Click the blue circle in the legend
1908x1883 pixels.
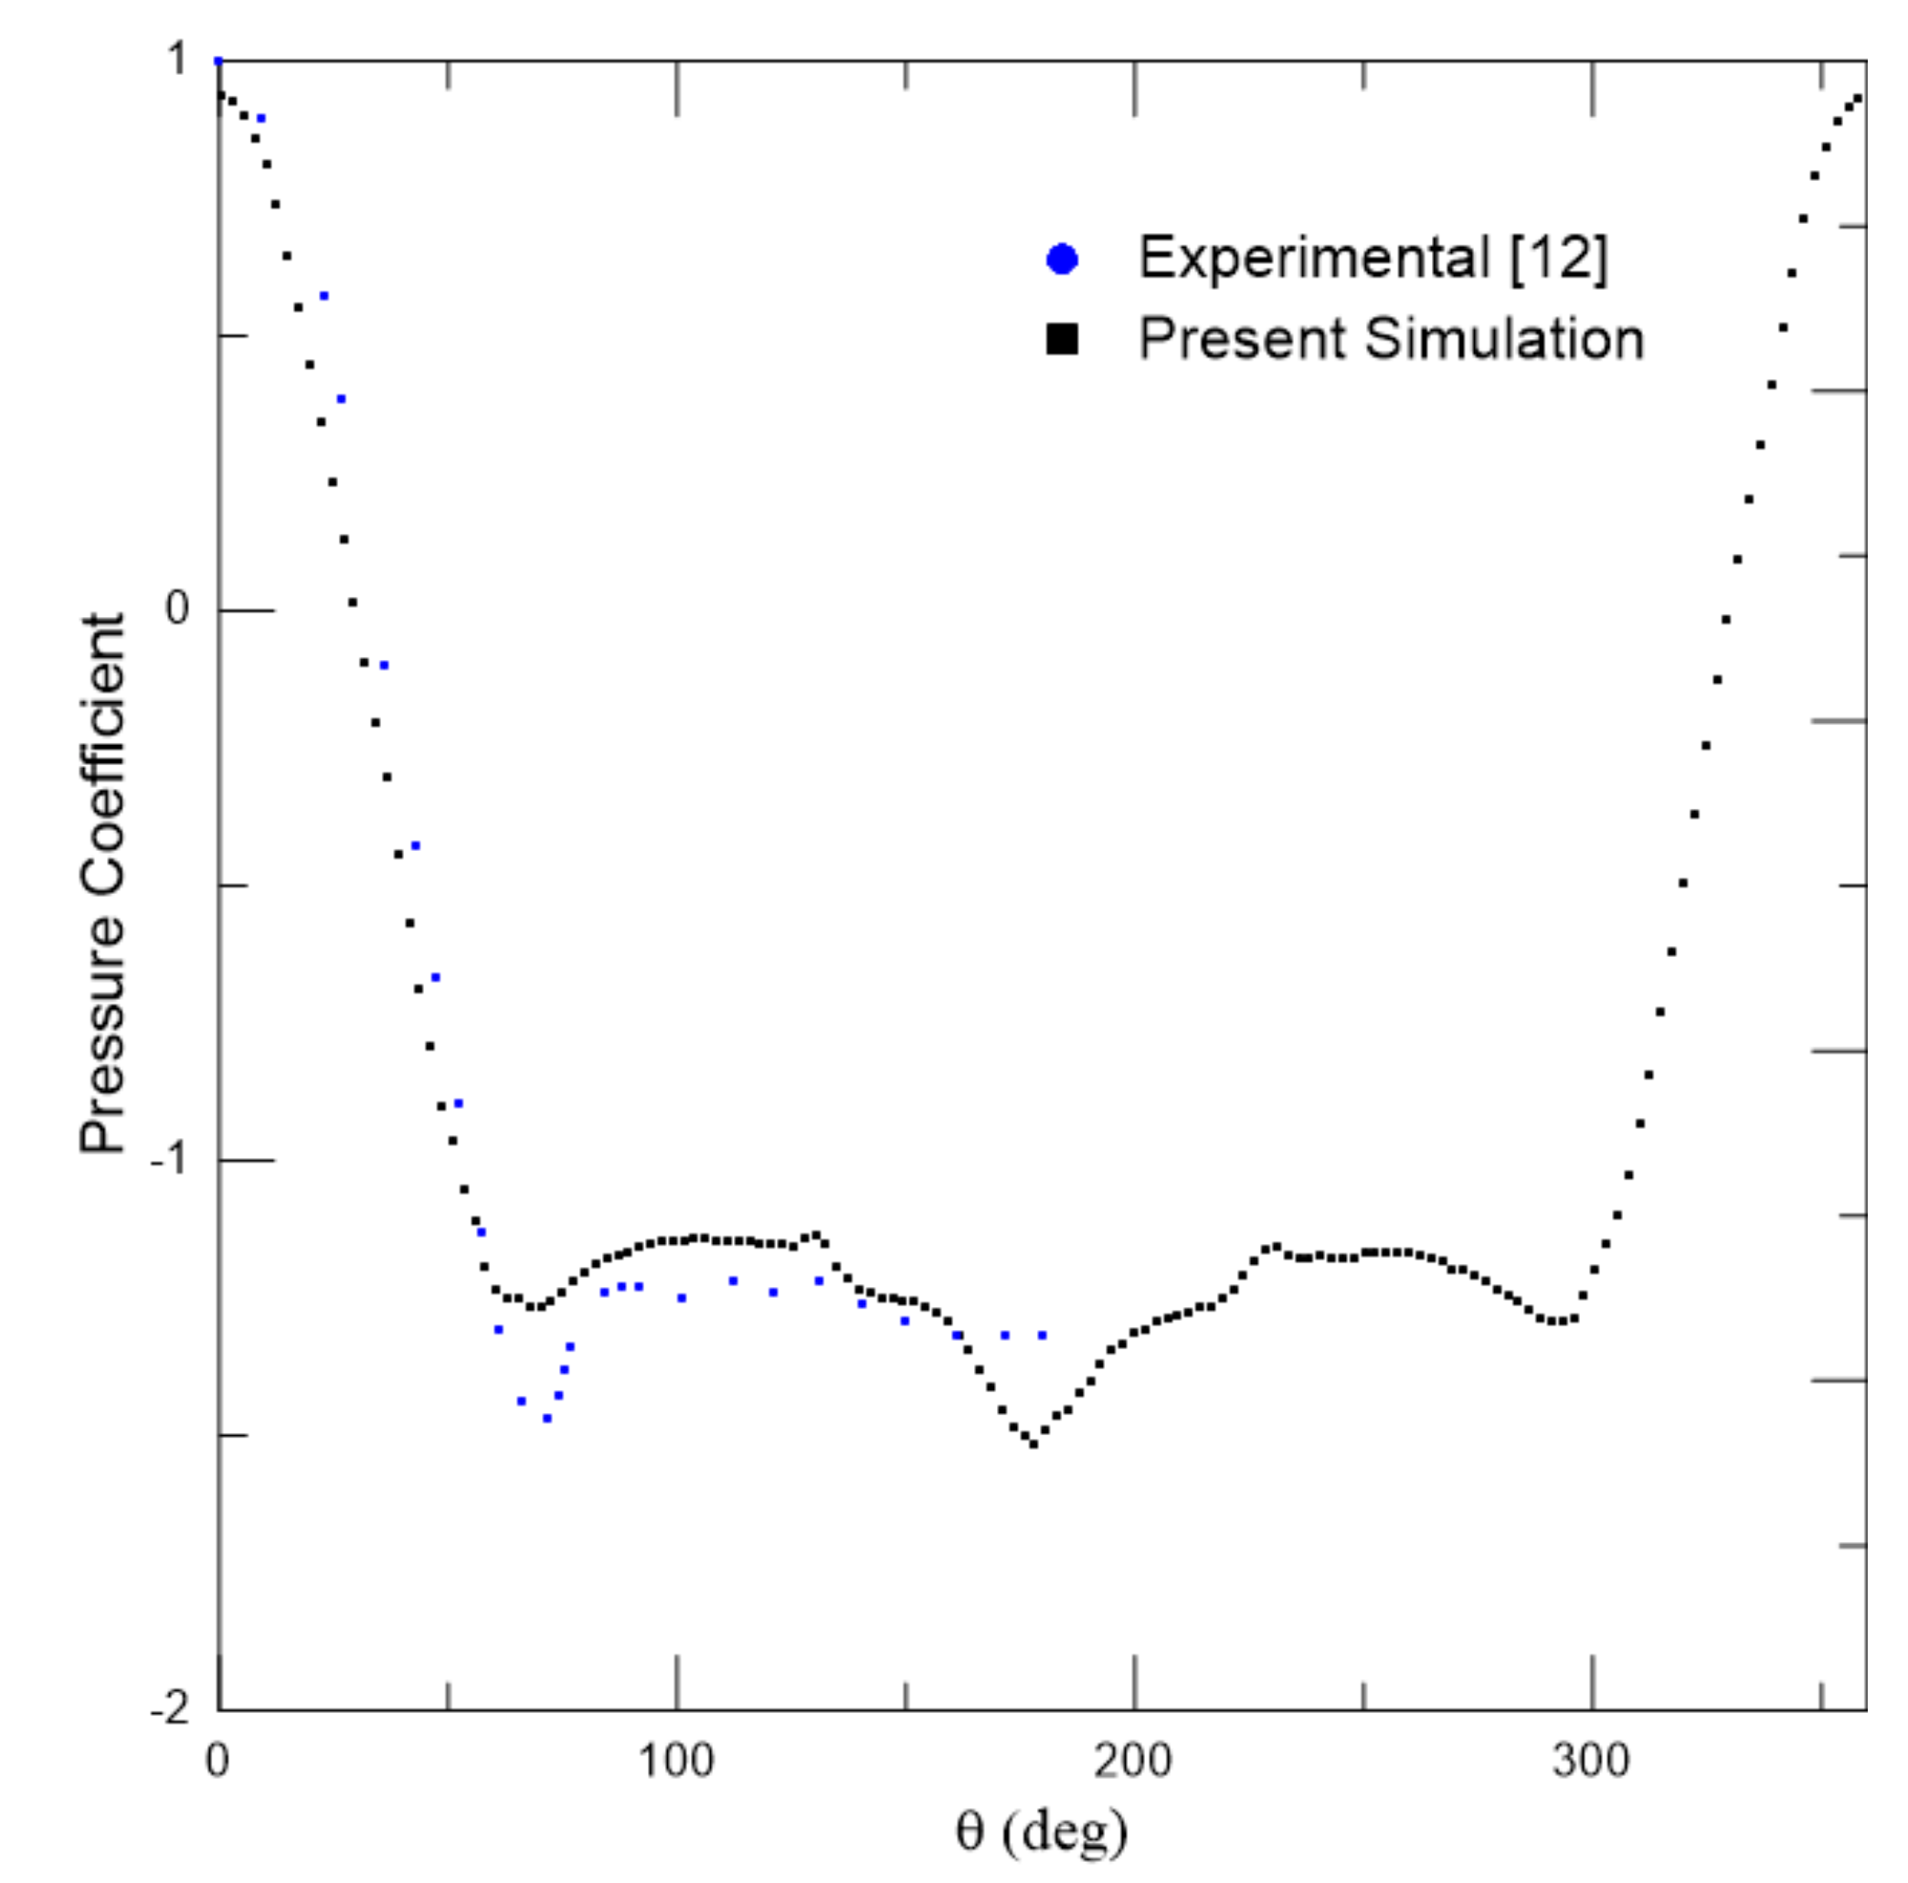1063,260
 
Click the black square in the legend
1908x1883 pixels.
1063,340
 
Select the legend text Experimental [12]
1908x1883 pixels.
1373,258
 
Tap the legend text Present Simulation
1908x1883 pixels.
1391,339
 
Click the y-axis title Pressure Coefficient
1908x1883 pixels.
102,883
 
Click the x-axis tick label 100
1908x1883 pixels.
676,1761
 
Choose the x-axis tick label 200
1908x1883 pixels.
1134,1761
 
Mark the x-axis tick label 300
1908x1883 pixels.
1591,1761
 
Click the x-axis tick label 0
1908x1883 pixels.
217,1761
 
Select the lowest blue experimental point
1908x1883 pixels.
547,1419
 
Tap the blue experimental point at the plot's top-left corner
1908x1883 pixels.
219,61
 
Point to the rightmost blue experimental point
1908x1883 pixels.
1042,1335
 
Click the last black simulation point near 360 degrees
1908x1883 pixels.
1860,98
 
